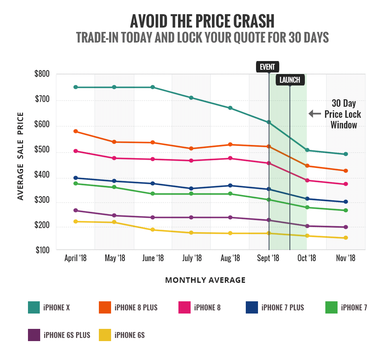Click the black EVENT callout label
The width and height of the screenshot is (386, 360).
pyautogui.click(x=267, y=67)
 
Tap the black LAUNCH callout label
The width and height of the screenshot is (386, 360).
pyautogui.click(x=290, y=80)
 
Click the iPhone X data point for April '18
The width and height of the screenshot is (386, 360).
pyautogui.click(x=76, y=87)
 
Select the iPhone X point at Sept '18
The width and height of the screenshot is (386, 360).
pyautogui.click(x=269, y=122)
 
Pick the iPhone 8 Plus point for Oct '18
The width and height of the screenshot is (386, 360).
pyautogui.click(x=307, y=166)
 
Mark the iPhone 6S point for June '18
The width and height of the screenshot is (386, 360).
pyautogui.click(x=152, y=230)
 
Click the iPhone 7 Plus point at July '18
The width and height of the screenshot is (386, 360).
pyautogui.click(x=191, y=188)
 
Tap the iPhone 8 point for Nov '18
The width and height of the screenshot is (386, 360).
pyautogui.click(x=346, y=184)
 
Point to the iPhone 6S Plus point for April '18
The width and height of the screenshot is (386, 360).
pyautogui.click(x=76, y=210)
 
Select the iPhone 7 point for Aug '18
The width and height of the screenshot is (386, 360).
pyautogui.click(x=230, y=194)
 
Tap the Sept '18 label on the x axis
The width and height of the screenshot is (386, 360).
pyautogui.click(x=268, y=258)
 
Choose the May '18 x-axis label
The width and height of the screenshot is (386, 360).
pyautogui.click(x=115, y=258)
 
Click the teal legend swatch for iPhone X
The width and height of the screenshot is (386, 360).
pyautogui.click(x=34, y=307)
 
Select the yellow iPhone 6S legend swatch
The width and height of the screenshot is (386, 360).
pyautogui.click(x=105, y=335)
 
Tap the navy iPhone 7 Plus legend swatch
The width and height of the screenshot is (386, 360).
pyautogui.click(x=252, y=307)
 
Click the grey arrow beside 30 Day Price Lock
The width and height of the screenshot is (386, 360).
pyautogui.click(x=315, y=114)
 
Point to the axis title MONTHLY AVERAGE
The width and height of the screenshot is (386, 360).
pyautogui.click(x=205, y=280)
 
